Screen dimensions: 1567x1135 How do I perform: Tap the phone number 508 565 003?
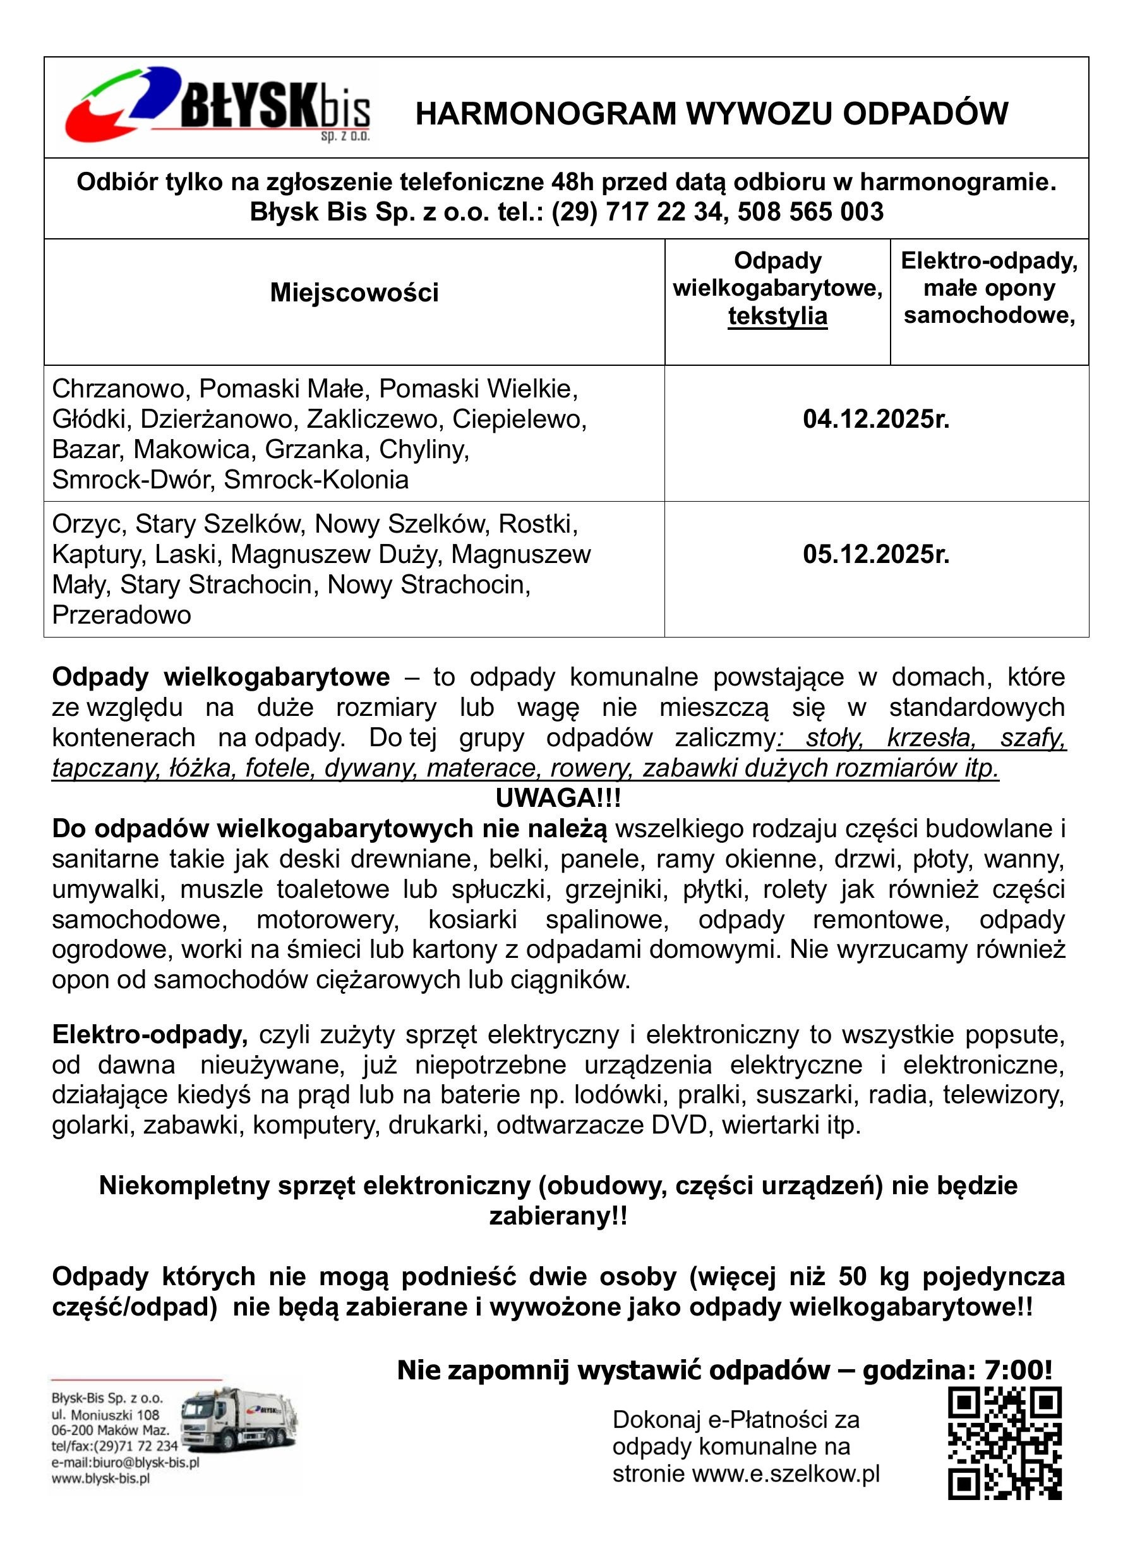click(810, 212)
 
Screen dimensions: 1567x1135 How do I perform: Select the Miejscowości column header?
click(354, 293)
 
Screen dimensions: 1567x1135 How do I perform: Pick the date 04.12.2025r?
click(876, 420)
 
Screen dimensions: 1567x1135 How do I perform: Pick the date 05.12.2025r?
click(876, 554)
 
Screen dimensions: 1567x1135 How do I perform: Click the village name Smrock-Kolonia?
click(316, 480)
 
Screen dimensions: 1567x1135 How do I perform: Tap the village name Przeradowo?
click(121, 614)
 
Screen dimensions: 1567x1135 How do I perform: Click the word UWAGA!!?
click(558, 799)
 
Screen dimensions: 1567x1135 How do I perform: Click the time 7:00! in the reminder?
click(1015, 1370)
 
